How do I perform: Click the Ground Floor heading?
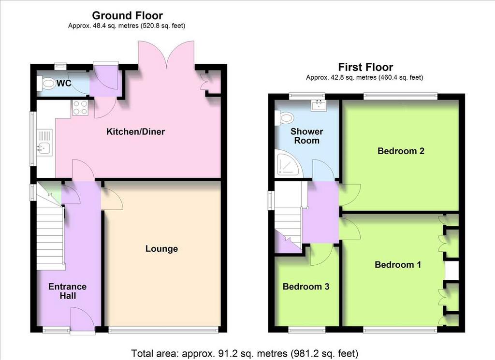click(127, 15)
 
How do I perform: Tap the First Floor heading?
click(365, 67)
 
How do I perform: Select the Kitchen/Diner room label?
click(135, 131)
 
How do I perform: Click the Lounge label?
click(161, 249)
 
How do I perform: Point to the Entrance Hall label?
click(68, 291)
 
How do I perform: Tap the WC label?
click(64, 83)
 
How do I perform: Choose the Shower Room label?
click(306, 136)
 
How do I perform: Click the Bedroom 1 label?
click(398, 264)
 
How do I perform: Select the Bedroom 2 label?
click(401, 151)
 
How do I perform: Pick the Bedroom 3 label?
click(306, 287)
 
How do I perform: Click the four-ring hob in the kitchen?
click(80, 108)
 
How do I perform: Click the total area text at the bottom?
click(244, 353)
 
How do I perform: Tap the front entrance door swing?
click(82, 319)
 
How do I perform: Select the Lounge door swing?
click(112, 199)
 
